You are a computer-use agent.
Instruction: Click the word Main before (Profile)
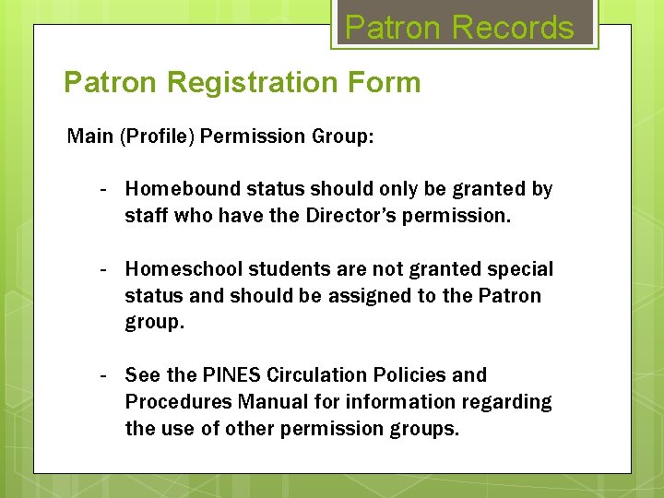89,136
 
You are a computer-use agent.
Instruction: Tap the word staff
146,216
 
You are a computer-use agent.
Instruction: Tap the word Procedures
178,402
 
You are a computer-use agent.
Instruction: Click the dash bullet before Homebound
106,189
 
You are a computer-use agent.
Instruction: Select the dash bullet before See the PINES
106,375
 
